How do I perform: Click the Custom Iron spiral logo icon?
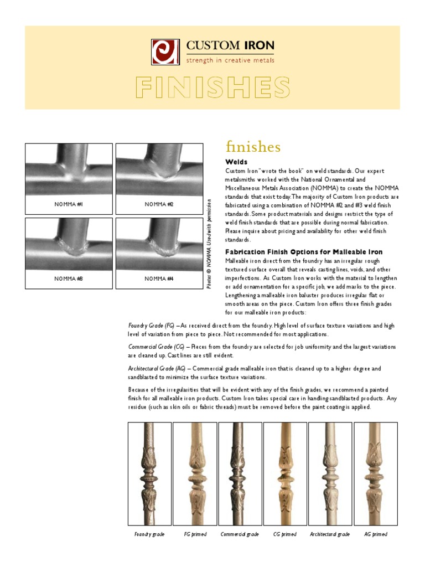click(165, 51)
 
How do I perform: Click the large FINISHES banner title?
click(213, 87)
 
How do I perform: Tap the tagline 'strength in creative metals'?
click(230, 60)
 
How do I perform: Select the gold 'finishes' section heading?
click(253, 147)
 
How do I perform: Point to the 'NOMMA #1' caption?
click(69, 204)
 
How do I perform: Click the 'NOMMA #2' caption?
click(159, 204)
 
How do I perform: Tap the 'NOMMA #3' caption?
click(69, 279)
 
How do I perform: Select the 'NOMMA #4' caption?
click(159, 279)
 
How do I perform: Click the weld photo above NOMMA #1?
click(69, 169)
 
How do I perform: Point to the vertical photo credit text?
click(209, 243)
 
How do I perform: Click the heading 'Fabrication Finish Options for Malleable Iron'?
click(304, 252)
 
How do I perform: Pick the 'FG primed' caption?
click(195, 534)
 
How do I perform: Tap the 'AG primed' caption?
click(376, 534)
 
